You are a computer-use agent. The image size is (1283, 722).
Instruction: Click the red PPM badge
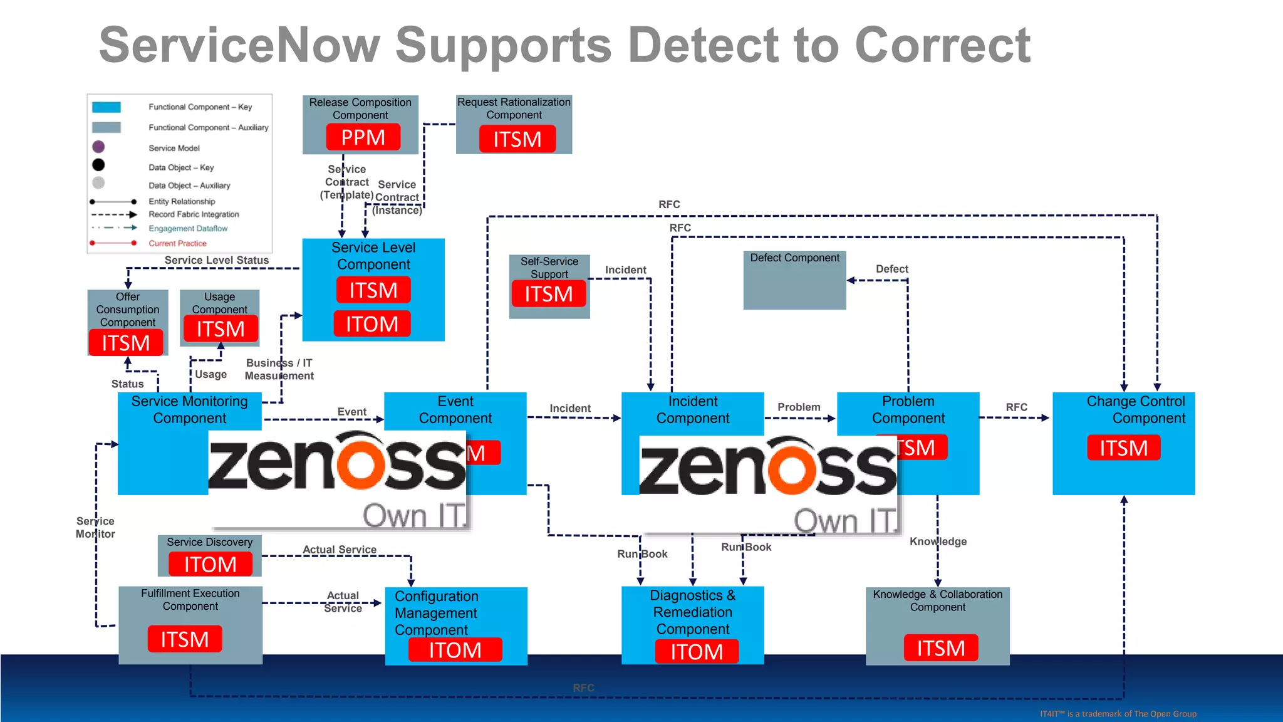pyautogui.click(x=363, y=137)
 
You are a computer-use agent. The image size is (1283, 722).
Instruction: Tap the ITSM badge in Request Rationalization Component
pyautogui.click(x=517, y=139)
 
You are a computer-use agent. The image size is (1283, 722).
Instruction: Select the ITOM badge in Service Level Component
pyautogui.click(x=372, y=324)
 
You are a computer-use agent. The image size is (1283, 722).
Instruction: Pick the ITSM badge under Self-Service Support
pyautogui.click(x=548, y=294)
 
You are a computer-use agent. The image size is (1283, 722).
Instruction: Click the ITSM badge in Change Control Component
pyautogui.click(x=1123, y=448)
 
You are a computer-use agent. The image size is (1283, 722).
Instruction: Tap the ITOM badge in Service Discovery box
pyautogui.click(x=210, y=565)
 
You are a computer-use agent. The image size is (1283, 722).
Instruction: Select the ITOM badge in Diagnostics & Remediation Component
pyautogui.click(x=696, y=652)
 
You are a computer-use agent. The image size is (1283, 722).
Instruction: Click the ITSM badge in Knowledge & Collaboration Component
pyautogui.click(x=940, y=648)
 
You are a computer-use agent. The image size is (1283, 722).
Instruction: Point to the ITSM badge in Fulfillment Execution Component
pyautogui.click(x=185, y=639)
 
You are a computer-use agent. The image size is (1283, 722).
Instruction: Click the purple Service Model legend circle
pyautogui.click(x=98, y=147)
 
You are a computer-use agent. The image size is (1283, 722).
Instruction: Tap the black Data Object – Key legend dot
pyautogui.click(x=98, y=165)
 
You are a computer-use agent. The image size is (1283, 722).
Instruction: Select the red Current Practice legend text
pyautogui.click(x=177, y=243)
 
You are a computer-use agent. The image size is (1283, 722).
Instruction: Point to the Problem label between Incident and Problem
pyautogui.click(x=799, y=407)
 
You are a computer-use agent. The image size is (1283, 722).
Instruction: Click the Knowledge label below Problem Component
pyautogui.click(x=938, y=541)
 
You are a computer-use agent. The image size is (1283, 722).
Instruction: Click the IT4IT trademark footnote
pyautogui.click(x=1118, y=714)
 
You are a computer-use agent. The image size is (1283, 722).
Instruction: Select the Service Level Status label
pyautogui.click(x=216, y=260)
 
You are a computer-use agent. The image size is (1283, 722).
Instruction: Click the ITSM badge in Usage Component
pyautogui.click(x=221, y=329)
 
